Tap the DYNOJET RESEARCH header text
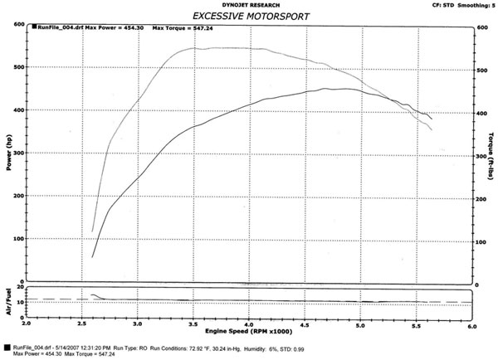coord(249,4)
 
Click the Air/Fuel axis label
coord(7,301)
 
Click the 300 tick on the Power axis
coord(17,153)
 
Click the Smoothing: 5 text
coord(476,4)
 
